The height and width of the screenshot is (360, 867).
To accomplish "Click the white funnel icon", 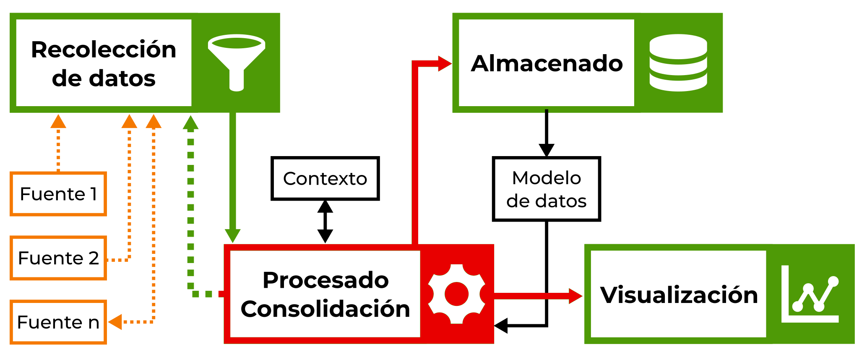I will [237, 62].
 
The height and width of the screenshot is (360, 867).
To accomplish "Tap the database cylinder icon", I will [678, 63].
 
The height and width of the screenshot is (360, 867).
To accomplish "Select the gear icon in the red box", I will [457, 294].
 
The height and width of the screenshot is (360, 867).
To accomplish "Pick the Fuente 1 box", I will [58, 194].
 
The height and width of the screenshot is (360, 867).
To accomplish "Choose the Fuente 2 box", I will [58, 258].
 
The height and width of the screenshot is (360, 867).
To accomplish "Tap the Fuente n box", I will [58, 322].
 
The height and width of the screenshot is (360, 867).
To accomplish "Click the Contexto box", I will [325, 178].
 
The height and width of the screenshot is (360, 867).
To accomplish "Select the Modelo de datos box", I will [546, 189].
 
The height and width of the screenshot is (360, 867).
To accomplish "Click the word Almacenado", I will [547, 63].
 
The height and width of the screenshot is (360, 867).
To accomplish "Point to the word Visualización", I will [679, 295].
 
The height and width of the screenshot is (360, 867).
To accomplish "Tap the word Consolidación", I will [325, 309].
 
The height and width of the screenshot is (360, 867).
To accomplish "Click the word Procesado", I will [325, 280].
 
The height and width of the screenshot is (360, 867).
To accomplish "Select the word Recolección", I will [104, 50].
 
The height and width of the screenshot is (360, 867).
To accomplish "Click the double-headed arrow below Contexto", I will [325, 222].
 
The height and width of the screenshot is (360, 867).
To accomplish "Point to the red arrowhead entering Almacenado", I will [444, 64].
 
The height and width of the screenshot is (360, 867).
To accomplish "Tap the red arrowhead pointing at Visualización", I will [575, 296].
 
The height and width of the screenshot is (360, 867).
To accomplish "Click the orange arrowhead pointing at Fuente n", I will [115, 322].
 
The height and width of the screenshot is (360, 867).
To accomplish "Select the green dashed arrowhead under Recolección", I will [190, 123].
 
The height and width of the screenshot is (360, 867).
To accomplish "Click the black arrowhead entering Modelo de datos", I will [546, 150].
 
